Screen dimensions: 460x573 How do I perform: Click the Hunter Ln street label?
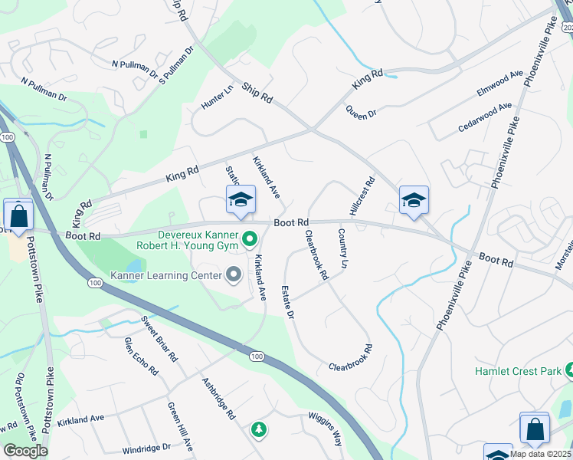218,97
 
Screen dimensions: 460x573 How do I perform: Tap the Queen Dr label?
362,113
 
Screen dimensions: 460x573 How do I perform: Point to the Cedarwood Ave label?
485,117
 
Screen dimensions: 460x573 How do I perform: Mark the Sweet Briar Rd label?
159,337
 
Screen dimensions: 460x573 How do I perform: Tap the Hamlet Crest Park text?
518,371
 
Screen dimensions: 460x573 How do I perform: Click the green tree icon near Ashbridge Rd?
260,429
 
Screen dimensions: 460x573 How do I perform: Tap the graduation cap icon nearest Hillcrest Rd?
414,201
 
